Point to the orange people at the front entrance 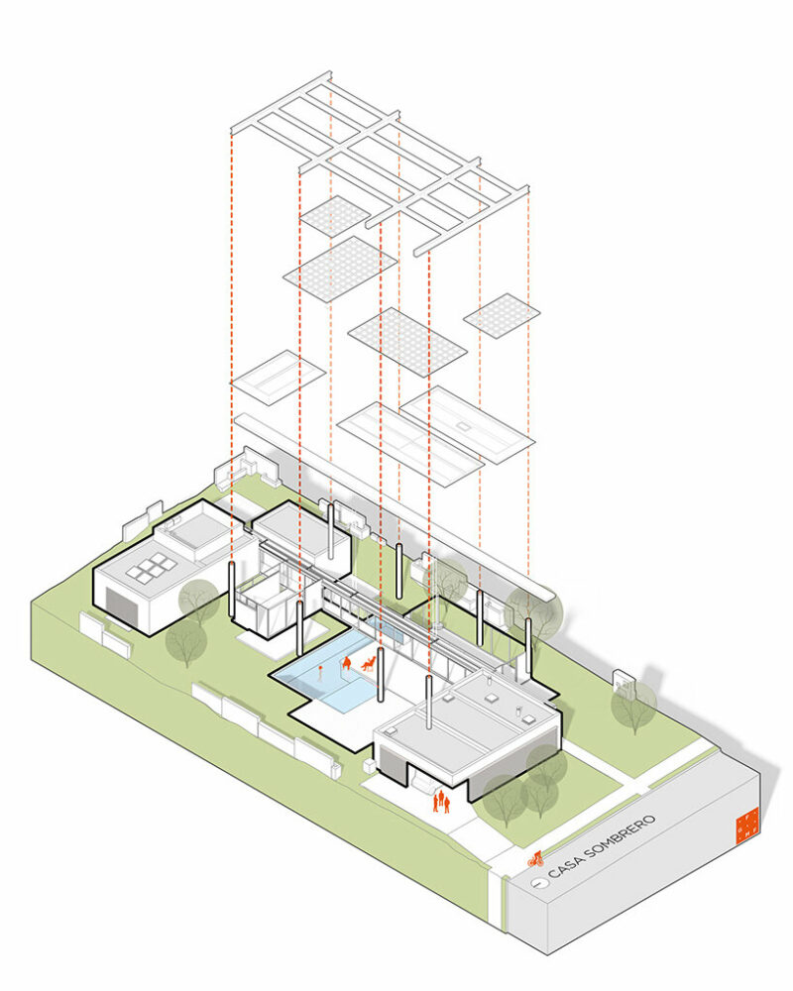441,800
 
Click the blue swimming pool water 327,684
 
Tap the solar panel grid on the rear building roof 151,569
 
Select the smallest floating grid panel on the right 502,315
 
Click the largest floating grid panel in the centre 407,341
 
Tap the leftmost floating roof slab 278,378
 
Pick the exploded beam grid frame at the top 377,159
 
